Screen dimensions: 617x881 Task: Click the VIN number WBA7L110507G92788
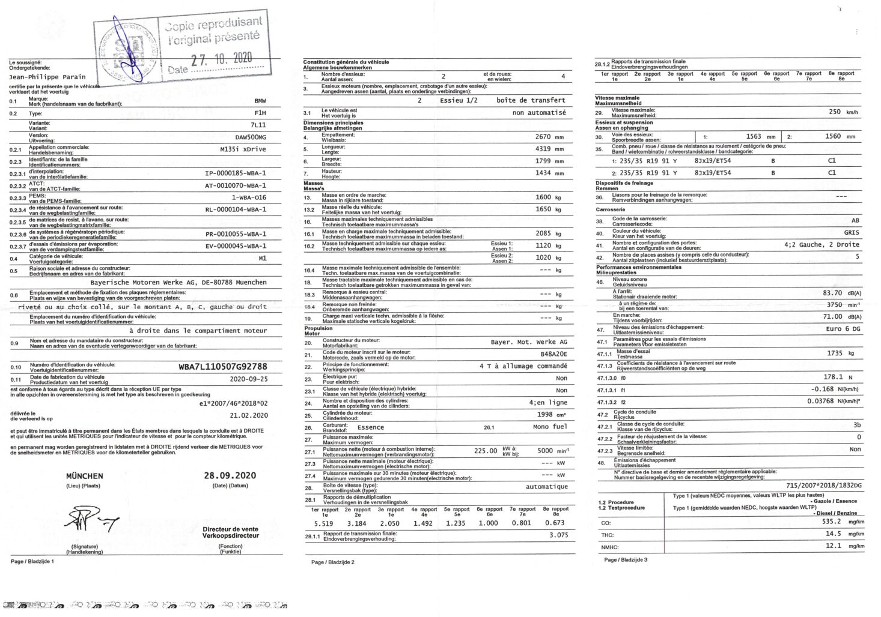(223, 367)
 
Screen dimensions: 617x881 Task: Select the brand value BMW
(260, 101)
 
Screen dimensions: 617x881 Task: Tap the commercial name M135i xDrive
(243, 149)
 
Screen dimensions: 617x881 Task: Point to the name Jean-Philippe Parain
(47, 77)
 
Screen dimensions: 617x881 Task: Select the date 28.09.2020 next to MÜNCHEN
(230, 475)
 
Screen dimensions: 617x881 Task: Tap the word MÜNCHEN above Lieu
(84, 476)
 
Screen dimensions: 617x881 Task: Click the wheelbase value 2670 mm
(543, 137)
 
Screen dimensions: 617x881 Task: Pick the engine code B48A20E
(553, 354)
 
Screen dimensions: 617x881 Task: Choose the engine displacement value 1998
(545, 415)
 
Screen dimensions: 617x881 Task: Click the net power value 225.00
(486, 451)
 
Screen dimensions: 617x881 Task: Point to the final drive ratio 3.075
(558, 535)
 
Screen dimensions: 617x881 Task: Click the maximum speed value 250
(835, 112)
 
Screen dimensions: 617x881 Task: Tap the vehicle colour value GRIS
(852, 232)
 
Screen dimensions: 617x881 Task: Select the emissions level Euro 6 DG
(843, 329)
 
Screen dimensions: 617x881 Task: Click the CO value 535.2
(832, 522)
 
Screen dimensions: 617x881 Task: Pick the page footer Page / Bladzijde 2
(333, 562)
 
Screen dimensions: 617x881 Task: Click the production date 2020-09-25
(249, 379)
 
